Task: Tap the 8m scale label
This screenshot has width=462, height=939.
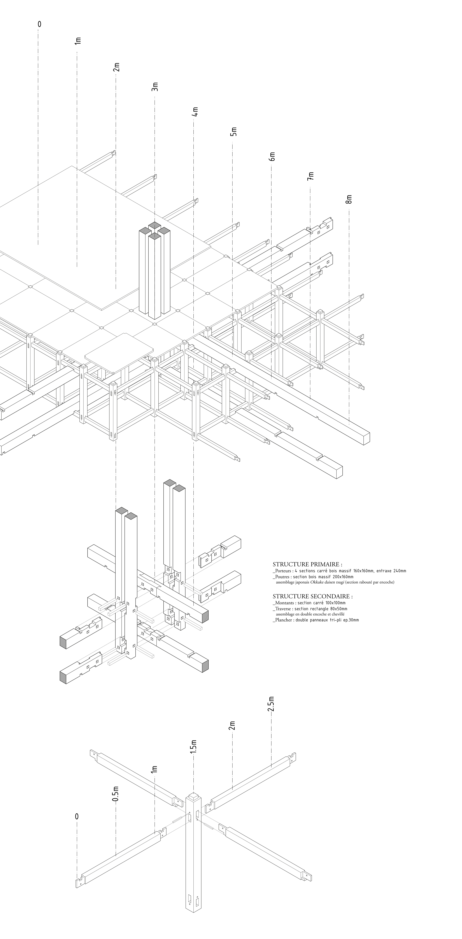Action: [x=349, y=199]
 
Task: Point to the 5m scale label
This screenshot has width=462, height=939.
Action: [x=234, y=132]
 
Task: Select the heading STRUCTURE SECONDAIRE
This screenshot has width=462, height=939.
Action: [x=312, y=596]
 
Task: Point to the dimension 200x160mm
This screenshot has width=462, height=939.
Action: [x=343, y=577]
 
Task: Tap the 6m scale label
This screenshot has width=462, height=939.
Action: [x=272, y=156]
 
